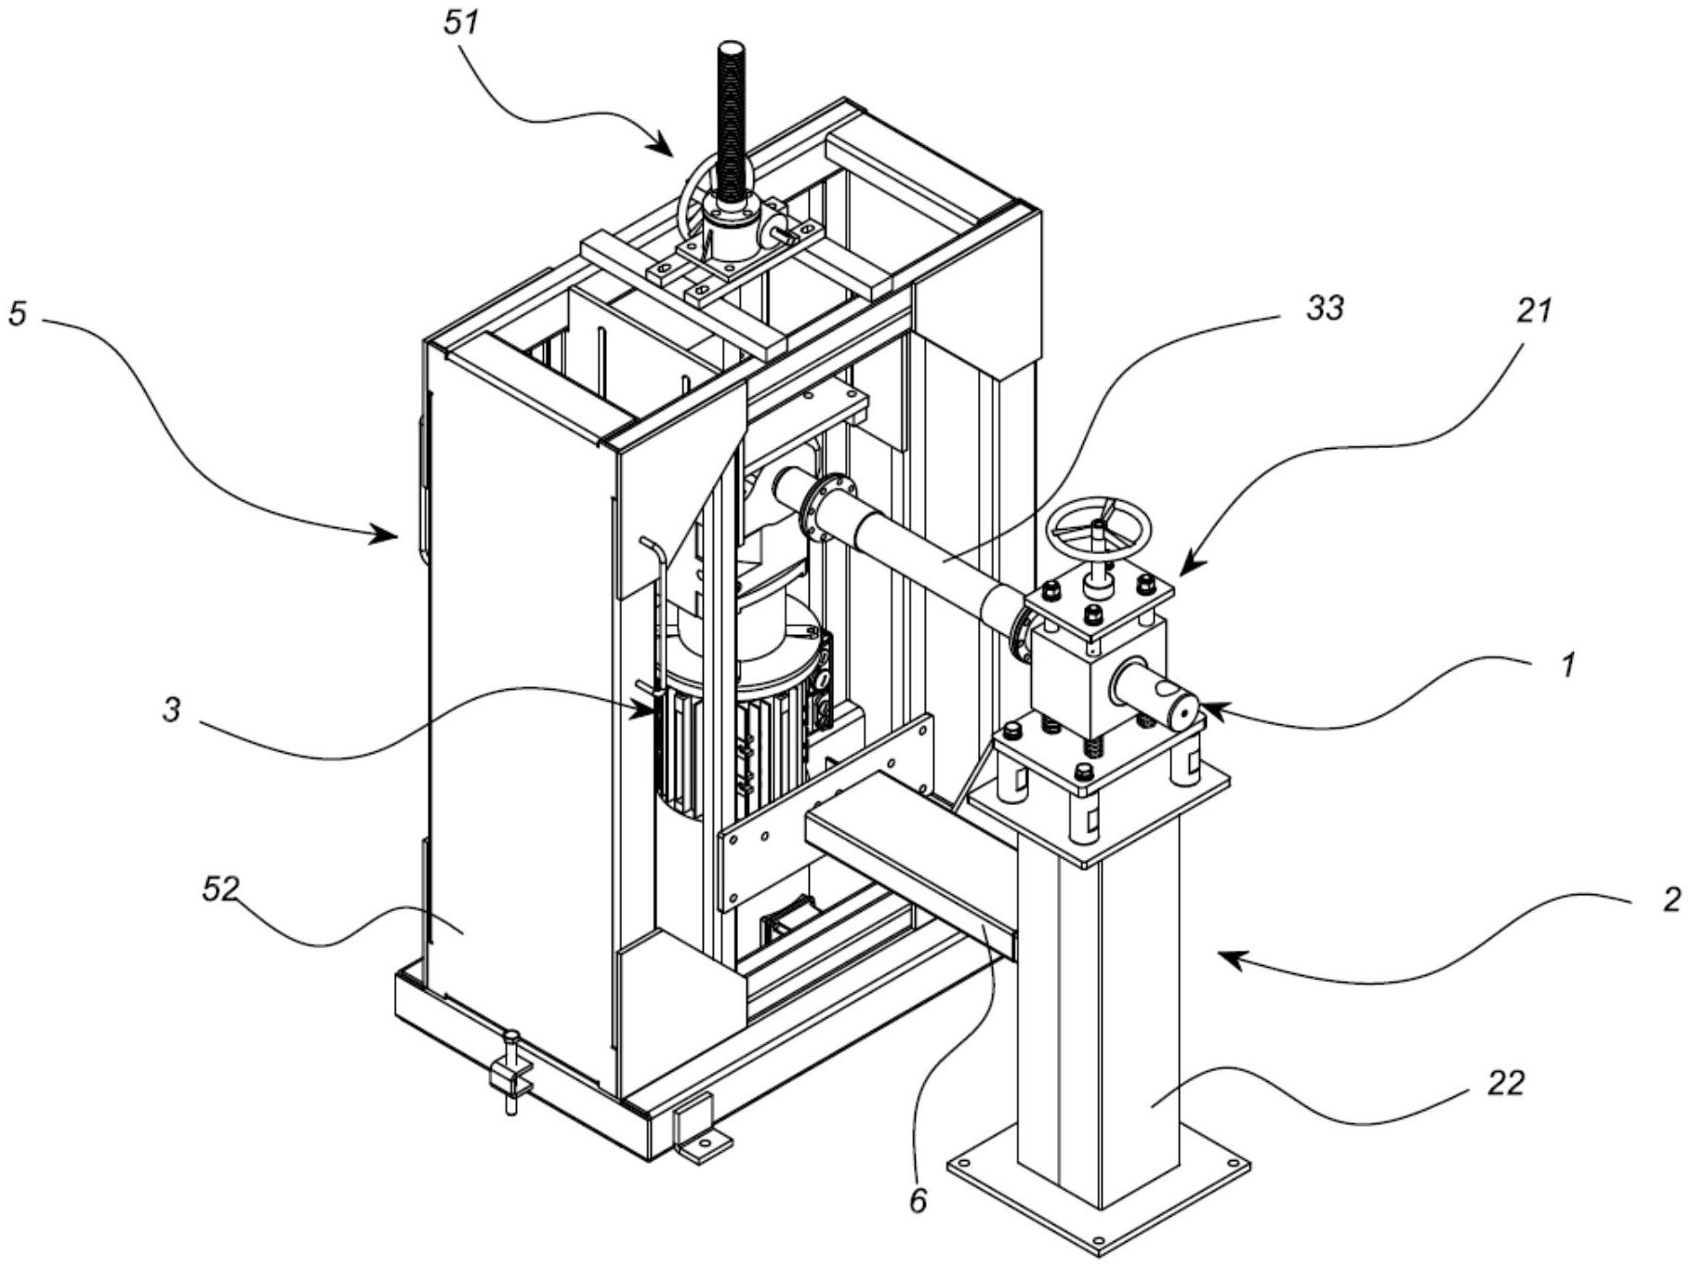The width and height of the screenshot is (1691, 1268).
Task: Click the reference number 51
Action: (462, 21)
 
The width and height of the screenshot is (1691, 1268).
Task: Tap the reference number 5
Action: (19, 313)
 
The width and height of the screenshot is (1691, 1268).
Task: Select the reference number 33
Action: (1324, 308)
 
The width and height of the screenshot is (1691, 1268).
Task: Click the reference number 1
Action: (1567, 664)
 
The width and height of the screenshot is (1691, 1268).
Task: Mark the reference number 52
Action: (221, 890)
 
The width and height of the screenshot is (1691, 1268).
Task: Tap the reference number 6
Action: (918, 1201)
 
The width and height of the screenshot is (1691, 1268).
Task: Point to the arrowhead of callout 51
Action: (662, 146)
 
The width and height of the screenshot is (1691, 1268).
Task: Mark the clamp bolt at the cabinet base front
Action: (509, 1072)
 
